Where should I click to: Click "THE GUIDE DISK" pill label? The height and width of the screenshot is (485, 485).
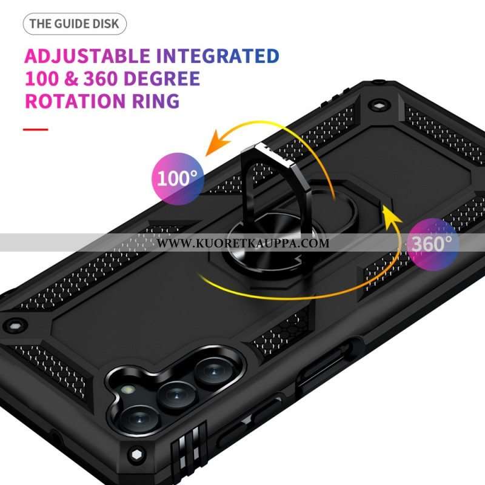(x=75, y=24)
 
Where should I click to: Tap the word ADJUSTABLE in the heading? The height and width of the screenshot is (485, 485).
(x=87, y=56)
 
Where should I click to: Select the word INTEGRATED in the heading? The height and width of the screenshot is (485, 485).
(x=218, y=56)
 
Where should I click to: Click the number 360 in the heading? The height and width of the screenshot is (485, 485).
(x=101, y=78)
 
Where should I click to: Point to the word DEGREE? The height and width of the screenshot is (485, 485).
(x=162, y=78)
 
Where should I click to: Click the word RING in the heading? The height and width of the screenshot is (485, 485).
(x=156, y=101)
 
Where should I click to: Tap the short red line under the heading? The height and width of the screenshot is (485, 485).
(x=36, y=129)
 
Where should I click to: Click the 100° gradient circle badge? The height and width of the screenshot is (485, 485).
(x=178, y=179)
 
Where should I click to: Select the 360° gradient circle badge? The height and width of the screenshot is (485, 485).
(x=432, y=244)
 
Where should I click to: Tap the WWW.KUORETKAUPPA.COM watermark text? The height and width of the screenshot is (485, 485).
(x=243, y=243)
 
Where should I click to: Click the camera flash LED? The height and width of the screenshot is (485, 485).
(x=127, y=389)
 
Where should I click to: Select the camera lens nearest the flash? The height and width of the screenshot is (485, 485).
(x=138, y=420)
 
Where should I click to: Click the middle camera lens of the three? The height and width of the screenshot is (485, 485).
(x=176, y=396)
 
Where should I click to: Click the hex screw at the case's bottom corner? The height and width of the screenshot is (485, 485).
(x=136, y=455)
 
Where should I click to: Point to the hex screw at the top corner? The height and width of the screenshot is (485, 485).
(x=378, y=105)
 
